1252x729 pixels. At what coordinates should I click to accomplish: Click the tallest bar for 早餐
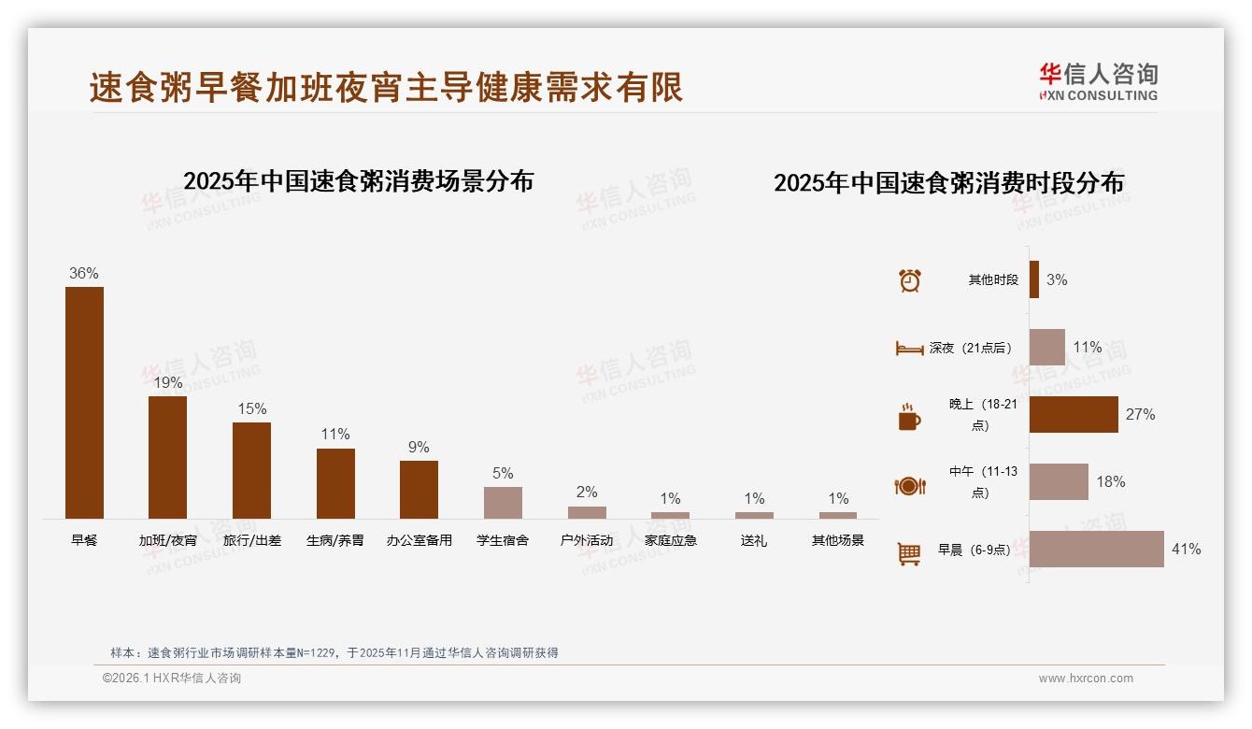(x=84, y=402)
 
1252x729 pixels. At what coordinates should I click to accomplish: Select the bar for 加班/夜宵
(x=167, y=457)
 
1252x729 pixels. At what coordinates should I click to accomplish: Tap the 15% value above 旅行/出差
(x=251, y=408)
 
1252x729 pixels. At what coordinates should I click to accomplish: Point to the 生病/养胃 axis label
(x=334, y=540)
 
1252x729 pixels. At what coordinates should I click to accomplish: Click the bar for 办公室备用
(x=419, y=489)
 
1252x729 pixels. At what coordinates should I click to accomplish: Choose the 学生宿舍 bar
(x=503, y=503)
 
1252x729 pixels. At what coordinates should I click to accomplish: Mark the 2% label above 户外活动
(x=587, y=492)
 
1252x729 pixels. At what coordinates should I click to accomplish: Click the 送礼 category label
(x=753, y=540)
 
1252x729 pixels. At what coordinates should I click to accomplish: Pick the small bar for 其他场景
(x=837, y=515)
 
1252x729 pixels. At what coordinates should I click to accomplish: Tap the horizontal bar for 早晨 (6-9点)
(x=1096, y=549)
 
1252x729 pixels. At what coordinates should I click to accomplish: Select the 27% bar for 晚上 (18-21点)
(x=1074, y=414)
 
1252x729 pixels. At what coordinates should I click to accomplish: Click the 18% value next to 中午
(x=1110, y=481)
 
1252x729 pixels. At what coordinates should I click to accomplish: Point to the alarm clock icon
(x=909, y=280)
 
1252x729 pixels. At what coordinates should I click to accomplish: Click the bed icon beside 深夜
(x=909, y=348)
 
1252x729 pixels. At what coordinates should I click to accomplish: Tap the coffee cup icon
(x=909, y=417)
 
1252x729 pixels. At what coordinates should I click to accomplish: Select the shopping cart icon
(x=909, y=553)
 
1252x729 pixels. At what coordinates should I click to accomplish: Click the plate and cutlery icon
(x=909, y=485)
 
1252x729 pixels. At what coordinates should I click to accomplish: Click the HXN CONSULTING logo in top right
(x=1098, y=81)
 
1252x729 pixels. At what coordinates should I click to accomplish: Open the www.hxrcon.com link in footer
(x=1085, y=679)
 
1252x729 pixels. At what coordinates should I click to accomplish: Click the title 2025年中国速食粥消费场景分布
(x=358, y=180)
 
